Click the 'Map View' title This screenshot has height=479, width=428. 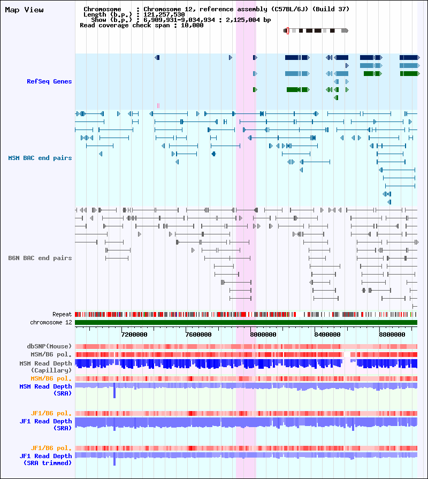pos(24,10)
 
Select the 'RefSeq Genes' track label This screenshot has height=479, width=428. pos(49,81)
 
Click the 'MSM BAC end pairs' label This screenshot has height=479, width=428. pos(40,158)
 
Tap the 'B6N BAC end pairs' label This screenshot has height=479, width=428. pos(40,258)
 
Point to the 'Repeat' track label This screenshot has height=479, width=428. pos(62,314)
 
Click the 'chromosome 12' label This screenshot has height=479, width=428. pos(51,322)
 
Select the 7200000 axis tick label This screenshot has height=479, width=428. pos(134,334)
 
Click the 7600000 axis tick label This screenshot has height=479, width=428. pos(198,334)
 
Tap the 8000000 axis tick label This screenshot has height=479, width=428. pos(263,334)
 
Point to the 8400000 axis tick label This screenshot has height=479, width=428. pos(327,334)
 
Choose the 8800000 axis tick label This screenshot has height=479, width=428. pos(392,334)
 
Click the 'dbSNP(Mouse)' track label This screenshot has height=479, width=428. pos(49,346)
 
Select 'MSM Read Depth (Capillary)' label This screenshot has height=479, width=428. pos(45,367)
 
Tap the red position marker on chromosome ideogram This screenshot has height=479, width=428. pos(288,31)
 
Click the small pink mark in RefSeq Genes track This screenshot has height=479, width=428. pos(158,105)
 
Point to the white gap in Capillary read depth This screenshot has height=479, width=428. pos(347,354)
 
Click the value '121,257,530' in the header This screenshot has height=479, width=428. pos(164,14)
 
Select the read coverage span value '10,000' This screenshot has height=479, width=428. pos(192,25)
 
